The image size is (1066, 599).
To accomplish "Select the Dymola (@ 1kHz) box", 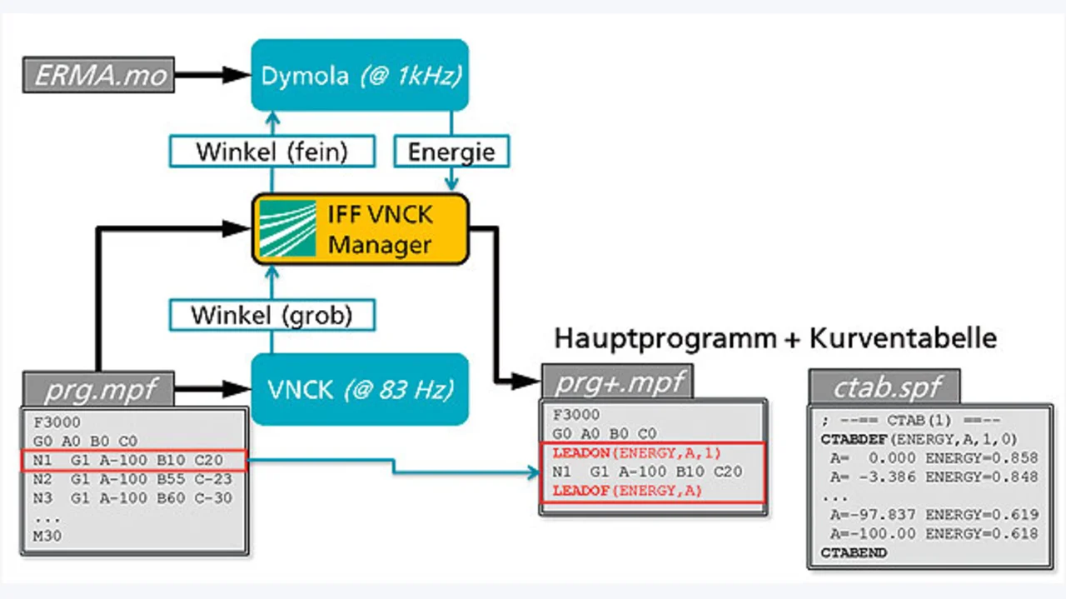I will [360, 75].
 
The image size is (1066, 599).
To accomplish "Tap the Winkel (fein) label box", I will [271, 152].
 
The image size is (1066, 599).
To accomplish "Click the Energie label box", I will [451, 152].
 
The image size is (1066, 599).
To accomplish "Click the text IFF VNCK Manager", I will [381, 230].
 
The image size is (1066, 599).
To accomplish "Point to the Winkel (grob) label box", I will [271, 315].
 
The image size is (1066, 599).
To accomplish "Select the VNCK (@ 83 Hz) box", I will [360, 388].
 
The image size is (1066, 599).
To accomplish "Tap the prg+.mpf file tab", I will [617, 382].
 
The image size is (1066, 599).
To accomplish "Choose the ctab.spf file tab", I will [884, 387].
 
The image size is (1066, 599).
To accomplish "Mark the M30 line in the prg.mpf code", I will [42, 536].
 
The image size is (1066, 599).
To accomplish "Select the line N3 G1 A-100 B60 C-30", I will [132, 498].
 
